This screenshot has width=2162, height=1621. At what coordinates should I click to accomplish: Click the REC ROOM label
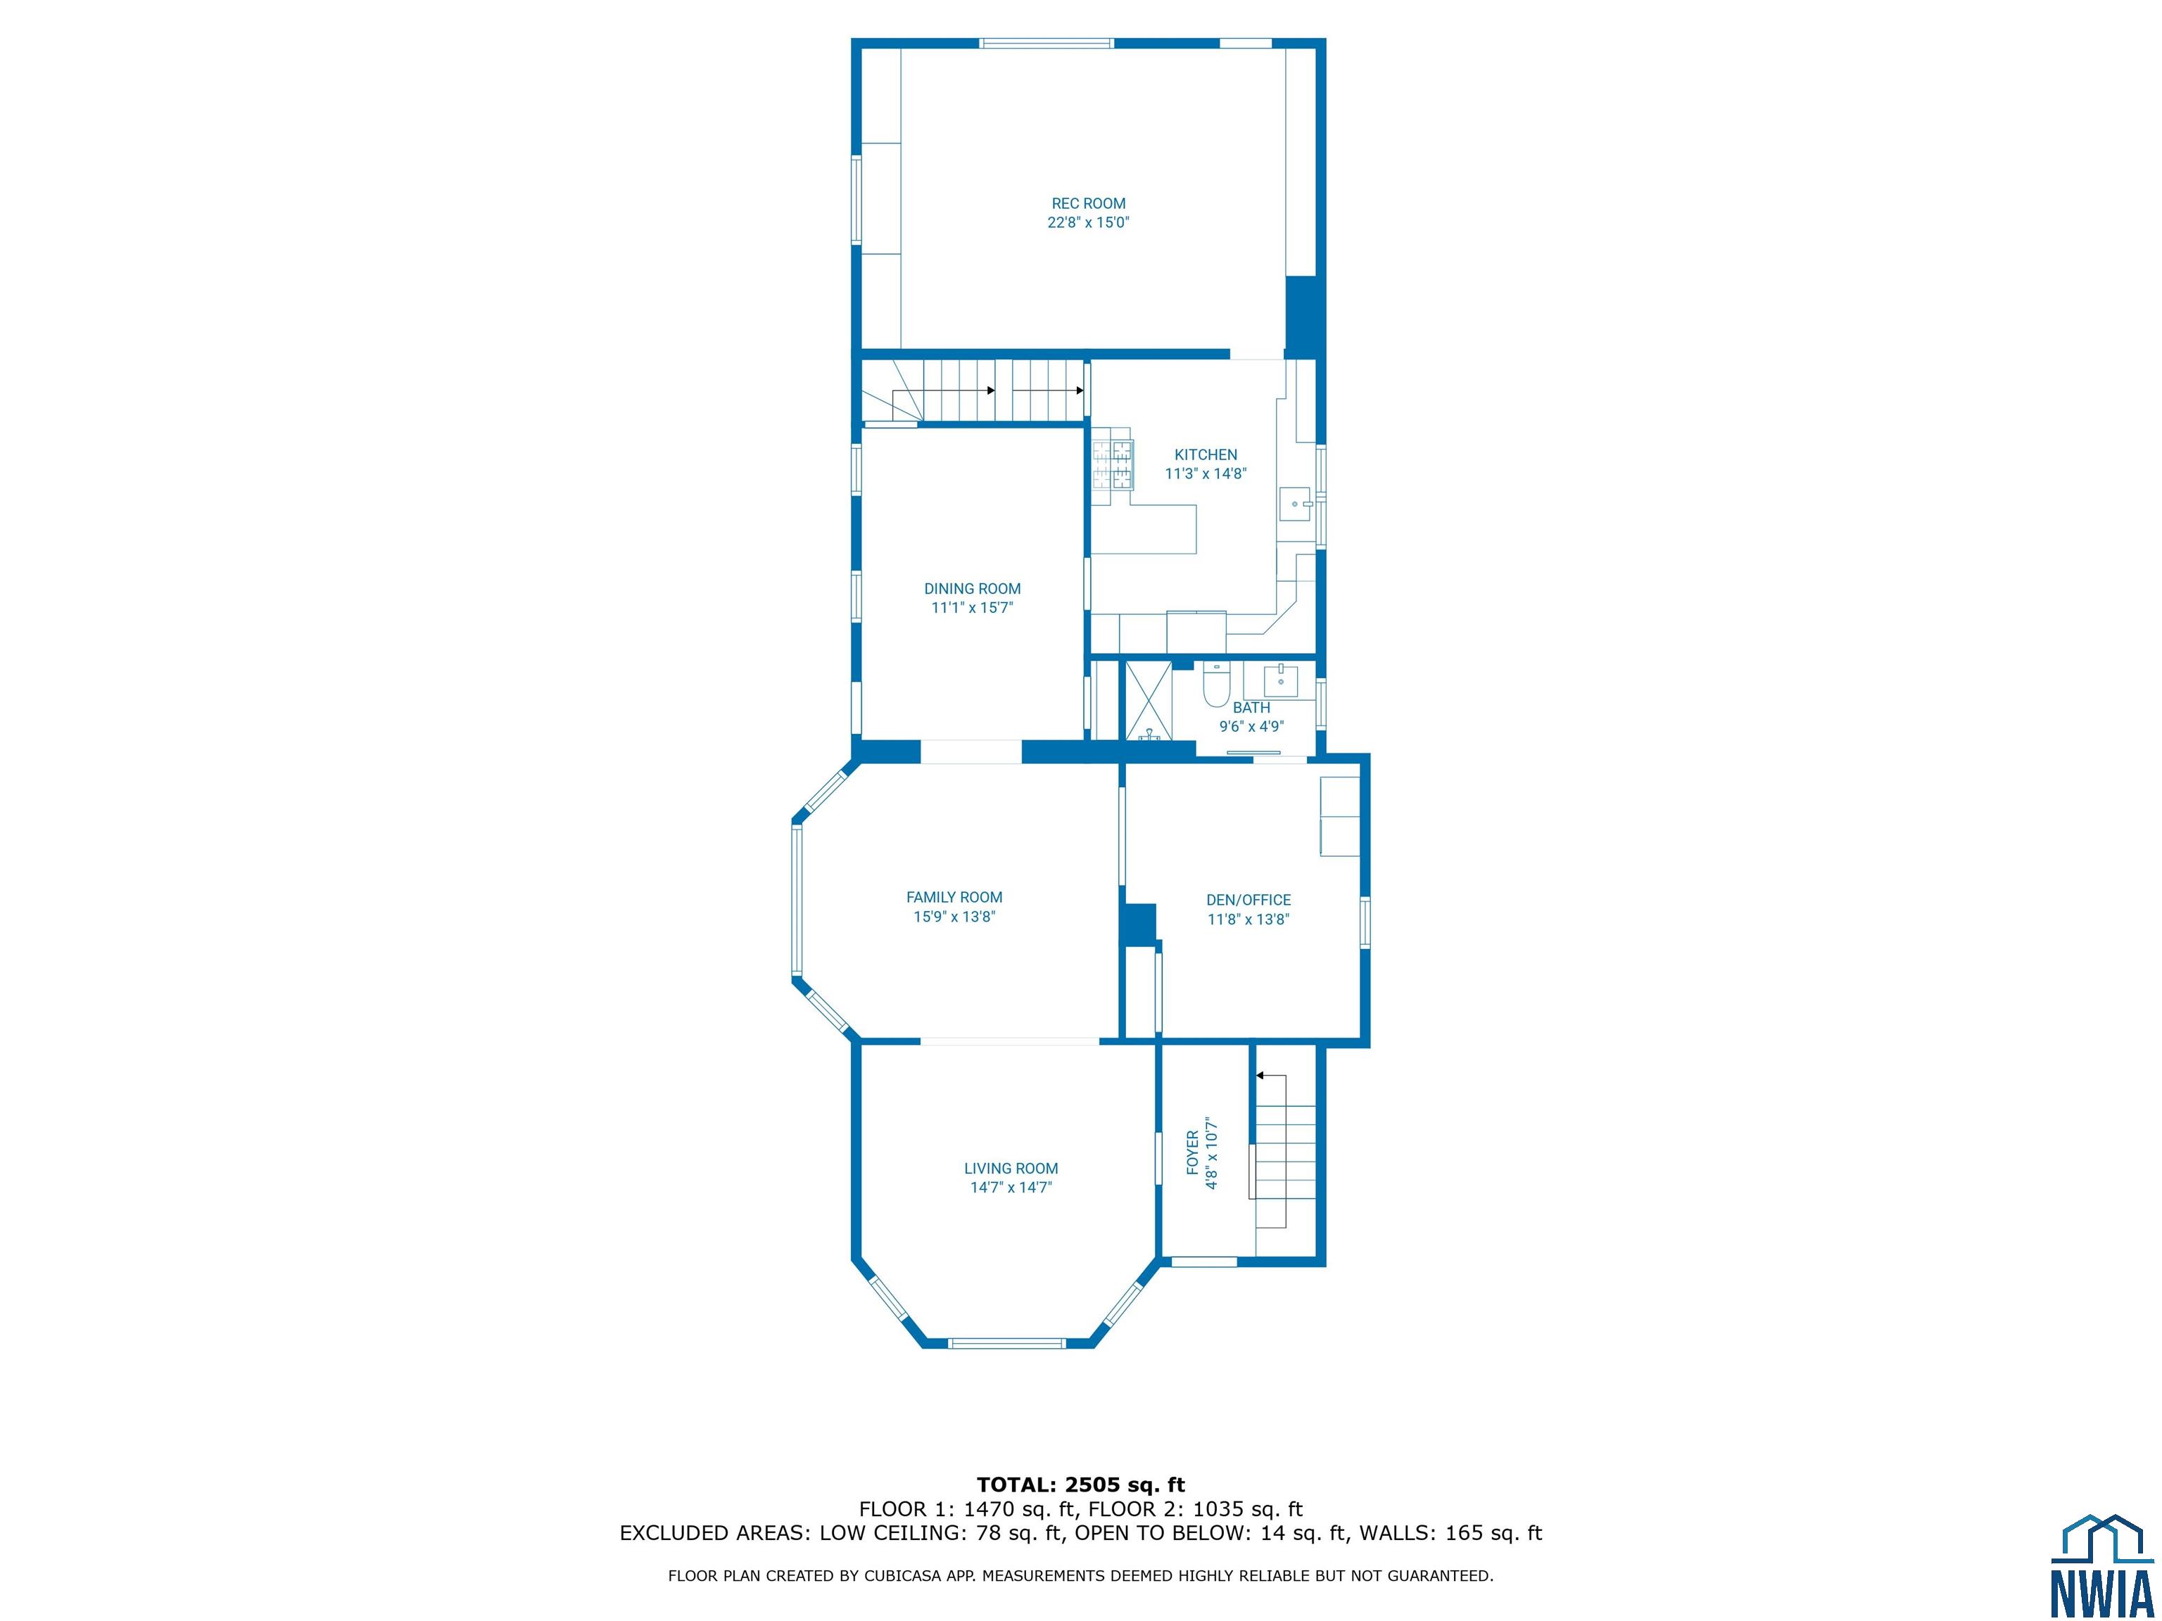tap(1088, 203)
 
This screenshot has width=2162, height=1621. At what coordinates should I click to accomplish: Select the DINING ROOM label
tap(973, 588)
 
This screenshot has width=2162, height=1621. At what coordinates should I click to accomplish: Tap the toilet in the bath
tap(1216, 684)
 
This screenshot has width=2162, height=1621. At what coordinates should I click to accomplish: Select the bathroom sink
tap(1280, 680)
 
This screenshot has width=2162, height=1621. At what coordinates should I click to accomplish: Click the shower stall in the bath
tap(1149, 701)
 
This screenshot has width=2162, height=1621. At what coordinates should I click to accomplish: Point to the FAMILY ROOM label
tap(954, 897)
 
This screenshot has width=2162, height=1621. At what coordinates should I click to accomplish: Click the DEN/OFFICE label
tap(1248, 900)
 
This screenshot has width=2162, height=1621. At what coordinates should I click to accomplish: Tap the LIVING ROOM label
tap(1011, 1169)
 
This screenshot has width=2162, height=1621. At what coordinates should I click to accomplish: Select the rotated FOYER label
tap(1192, 1153)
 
